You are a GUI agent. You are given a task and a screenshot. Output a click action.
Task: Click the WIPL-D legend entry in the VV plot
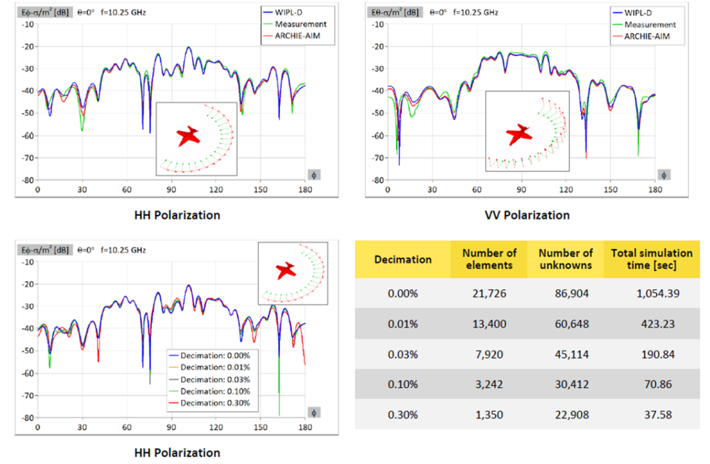[x=632, y=12]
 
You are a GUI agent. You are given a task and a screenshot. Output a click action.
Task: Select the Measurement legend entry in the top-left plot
[x=295, y=24]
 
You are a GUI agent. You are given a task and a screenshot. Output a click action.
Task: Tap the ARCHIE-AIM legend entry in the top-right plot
[x=641, y=36]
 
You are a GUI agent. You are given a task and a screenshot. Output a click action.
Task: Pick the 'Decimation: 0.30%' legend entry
[x=209, y=403]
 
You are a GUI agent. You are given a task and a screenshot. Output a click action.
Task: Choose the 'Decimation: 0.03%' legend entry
[x=209, y=379]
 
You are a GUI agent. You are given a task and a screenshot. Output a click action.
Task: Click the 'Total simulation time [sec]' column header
[x=652, y=259]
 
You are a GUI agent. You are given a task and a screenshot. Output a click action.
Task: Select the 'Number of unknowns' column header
[x=566, y=259]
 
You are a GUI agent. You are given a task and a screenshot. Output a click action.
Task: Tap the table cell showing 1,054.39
[x=658, y=293]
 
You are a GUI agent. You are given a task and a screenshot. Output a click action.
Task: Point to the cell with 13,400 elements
[x=489, y=324]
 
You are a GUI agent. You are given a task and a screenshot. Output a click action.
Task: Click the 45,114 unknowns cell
[x=572, y=354]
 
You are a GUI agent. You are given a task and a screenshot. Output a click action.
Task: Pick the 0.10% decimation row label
[x=403, y=384]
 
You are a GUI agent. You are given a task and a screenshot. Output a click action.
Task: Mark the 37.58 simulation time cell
[x=658, y=415]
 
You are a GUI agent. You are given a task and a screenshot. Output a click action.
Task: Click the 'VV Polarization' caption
[x=527, y=215]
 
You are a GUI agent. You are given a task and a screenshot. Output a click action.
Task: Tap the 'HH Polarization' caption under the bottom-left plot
[x=177, y=453]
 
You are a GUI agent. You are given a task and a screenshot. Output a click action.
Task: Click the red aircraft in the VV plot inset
[x=519, y=135]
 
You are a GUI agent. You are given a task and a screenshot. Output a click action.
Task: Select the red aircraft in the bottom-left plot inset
[x=286, y=270]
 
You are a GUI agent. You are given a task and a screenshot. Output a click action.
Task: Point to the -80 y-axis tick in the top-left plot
[x=28, y=180]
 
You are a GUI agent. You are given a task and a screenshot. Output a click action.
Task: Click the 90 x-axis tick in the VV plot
[x=521, y=190]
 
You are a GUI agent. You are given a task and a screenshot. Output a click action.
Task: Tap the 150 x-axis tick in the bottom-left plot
[x=261, y=427]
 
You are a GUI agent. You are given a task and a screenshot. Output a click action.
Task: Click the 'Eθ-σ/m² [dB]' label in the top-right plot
[x=395, y=12]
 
